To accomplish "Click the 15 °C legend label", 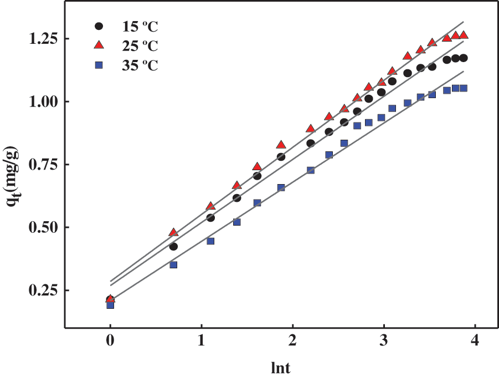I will click(140, 26).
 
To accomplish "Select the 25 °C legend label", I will click(140, 45).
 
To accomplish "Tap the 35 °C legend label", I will click(140, 65).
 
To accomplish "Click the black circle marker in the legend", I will click(99, 26).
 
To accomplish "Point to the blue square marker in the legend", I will click(99, 65).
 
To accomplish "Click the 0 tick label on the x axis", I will click(110, 340).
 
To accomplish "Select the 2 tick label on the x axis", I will click(293, 340).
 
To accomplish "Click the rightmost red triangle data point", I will click(464, 35).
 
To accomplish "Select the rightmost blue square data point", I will click(464, 88).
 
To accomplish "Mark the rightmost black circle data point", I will click(464, 58).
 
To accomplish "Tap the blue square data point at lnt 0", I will click(110, 305).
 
